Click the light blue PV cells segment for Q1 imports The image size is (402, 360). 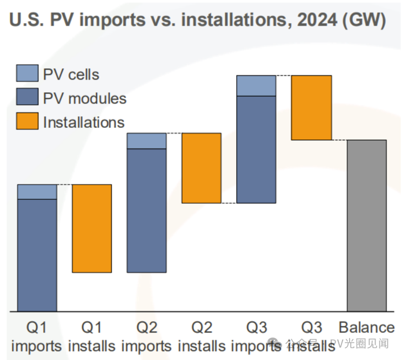[37, 192]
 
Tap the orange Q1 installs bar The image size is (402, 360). [92, 228]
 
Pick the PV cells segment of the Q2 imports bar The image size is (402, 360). [146, 140]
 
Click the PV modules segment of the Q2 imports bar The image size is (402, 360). [146, 210]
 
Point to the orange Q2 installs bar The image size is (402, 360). [201, 168]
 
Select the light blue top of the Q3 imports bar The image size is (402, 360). [256, 85]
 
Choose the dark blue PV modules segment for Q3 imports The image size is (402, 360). [256, 150]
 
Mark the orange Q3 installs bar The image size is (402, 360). [311, 108]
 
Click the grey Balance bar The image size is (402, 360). [366, 226]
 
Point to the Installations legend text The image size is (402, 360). [84, 122]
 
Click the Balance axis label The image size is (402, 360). [366, 328]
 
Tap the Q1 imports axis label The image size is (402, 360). [37, 336]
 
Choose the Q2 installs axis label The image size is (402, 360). [201, 336]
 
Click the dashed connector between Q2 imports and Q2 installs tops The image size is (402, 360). [173, 133]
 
